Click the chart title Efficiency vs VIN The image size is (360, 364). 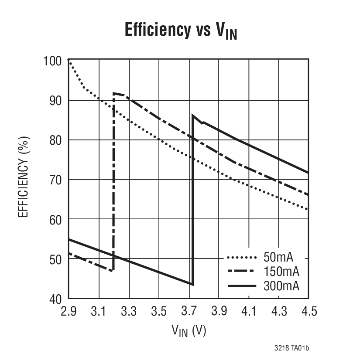point(181,31)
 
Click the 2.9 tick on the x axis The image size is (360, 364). point(69,311)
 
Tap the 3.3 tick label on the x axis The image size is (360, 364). point(129,311)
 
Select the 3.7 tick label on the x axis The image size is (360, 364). point(189,311)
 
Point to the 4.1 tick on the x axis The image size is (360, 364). point(248,311)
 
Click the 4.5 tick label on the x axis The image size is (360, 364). point(308,311)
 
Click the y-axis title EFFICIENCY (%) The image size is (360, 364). point(24,180)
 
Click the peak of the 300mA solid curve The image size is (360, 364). point(192,115)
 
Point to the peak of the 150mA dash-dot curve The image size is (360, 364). point(114,93)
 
